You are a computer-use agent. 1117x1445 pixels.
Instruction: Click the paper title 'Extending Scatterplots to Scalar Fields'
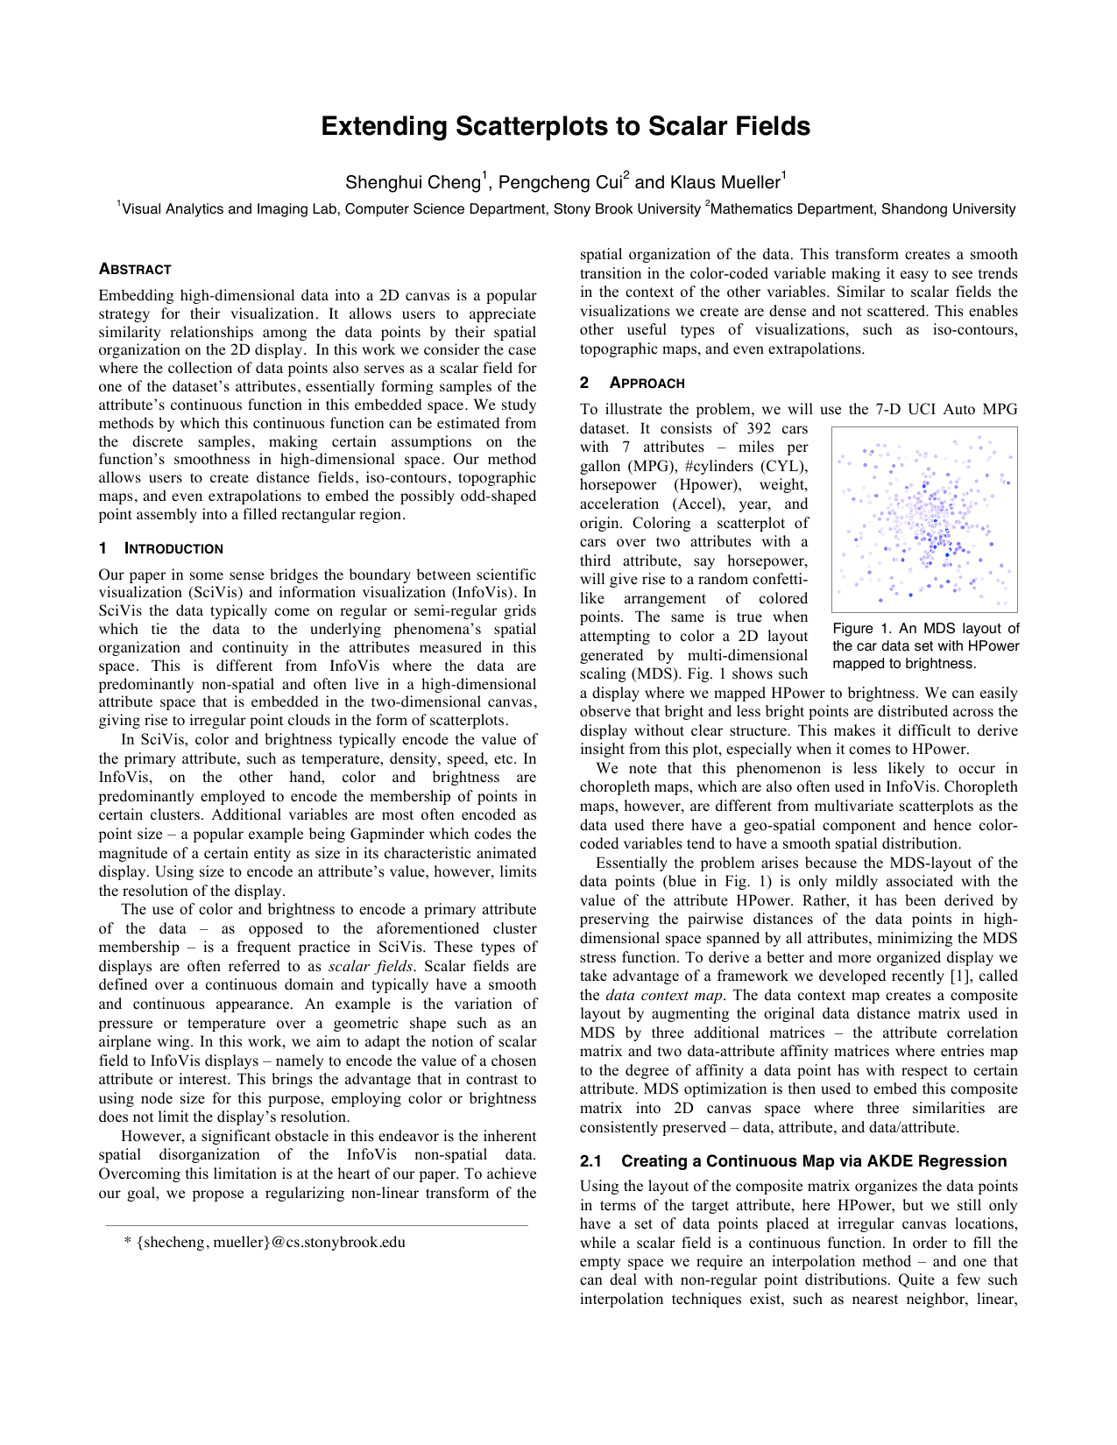pos(565,126)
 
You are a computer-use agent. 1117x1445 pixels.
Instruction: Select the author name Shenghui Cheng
pos(413,182)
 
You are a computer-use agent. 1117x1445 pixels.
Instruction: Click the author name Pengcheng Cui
pos(560,182)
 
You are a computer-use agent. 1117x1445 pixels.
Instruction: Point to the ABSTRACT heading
pos(135,269)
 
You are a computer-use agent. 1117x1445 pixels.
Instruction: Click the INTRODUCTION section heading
pos(173,548)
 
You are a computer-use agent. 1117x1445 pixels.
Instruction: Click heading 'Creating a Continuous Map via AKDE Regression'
pos(814,1161)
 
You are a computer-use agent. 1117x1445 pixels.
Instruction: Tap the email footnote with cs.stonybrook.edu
pos(265,1242)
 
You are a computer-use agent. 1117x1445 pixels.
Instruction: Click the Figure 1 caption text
pos(925,645)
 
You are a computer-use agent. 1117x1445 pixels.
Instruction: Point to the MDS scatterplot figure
pos(924,519)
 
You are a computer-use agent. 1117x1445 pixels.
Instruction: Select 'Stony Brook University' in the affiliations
pos(626,209)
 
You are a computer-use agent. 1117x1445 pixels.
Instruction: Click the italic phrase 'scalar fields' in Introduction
pos(370,966)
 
